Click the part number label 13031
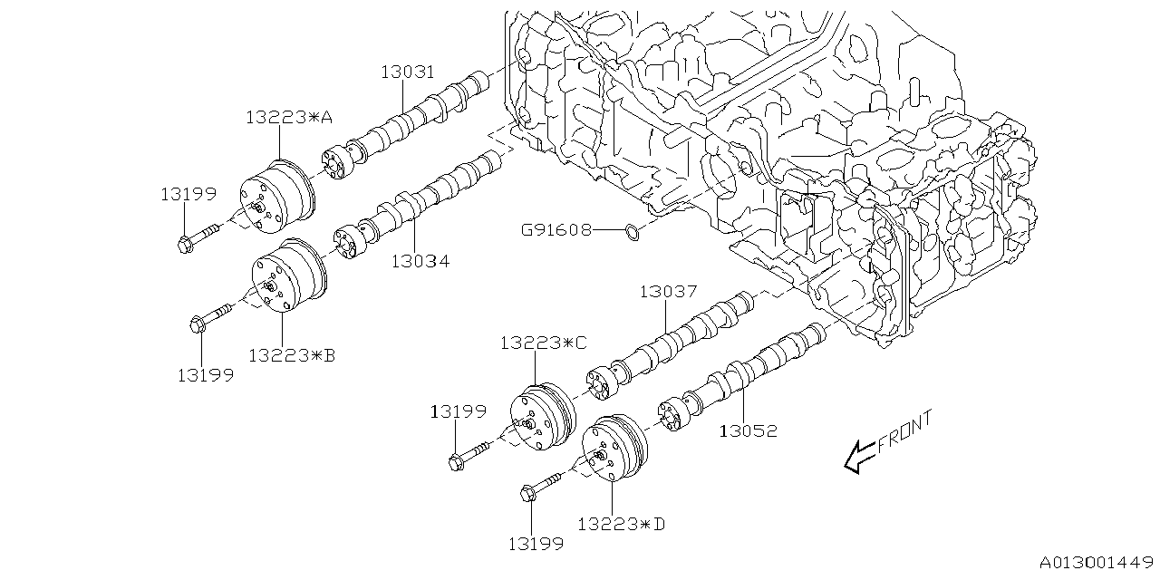pyautogui.click(x=407, y=72)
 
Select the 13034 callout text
pyautogui.click(x=420, y=262)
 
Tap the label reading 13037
pyautogui.click(x=668, y=292)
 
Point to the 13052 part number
pyautogui.click(x=748, y=431)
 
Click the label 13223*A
pyautogui.click(x=289, y=116)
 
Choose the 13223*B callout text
pyautogui.click(x=292, y=356)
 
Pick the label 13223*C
pyautogui.click(x=544, y=343)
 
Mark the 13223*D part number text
pyautogui.click(x=620, y=524)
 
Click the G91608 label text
pyautogui.click(x=556, y=230)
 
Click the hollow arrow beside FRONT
pyautogui.click(x=859, y=457)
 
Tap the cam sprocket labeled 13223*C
pyautogui.click(x=541, y=420)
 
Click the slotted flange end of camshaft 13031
pyautogui.click(x=336, y=162)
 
